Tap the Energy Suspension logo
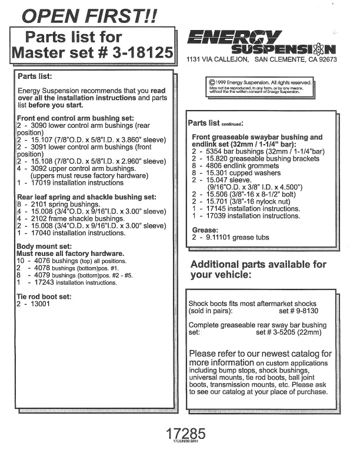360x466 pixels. (x=261, y=43)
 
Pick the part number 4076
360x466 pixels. (x=41, y=261)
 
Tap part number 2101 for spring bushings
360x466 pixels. (x=39, y=204)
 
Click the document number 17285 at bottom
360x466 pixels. (x=185, y=434)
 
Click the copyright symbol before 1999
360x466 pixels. (x=211, y=83)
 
